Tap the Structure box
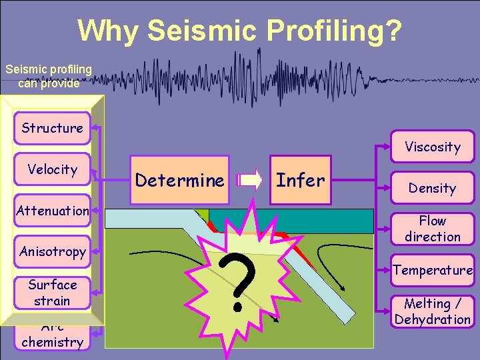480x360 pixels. (x=52, y=128)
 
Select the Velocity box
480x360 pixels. (x=52, y=169)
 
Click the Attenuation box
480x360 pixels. (x=52, y=211)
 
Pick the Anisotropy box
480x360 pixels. (x=52, y=251)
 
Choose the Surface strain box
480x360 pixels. (x=52, y=293)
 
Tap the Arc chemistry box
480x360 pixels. (x=52, y=337)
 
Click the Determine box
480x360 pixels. (x=180, y=180)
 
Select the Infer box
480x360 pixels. (x=301, y=180)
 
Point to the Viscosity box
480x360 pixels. (x=432, y=147)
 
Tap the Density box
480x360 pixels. (x=432, y=188)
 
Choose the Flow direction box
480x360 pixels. (x=432, y=229)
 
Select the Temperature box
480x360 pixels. (x=432, y=270)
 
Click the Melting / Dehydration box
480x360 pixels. (x=432, y=311)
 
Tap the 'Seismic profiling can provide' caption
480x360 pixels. (x=49, y=75)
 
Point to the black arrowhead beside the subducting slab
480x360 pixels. (x=342, y=287)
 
